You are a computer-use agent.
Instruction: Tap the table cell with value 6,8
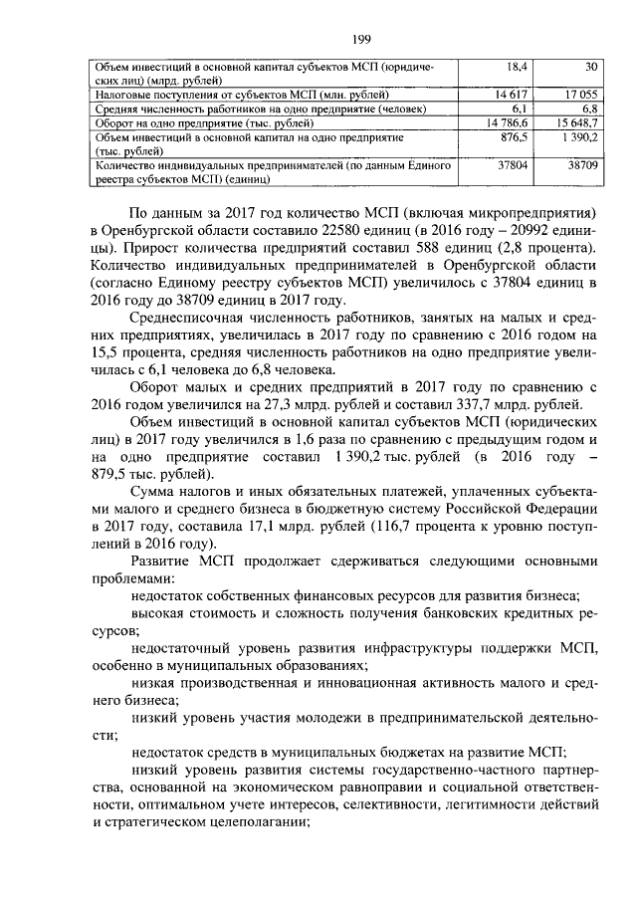[x=589, y=108]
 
